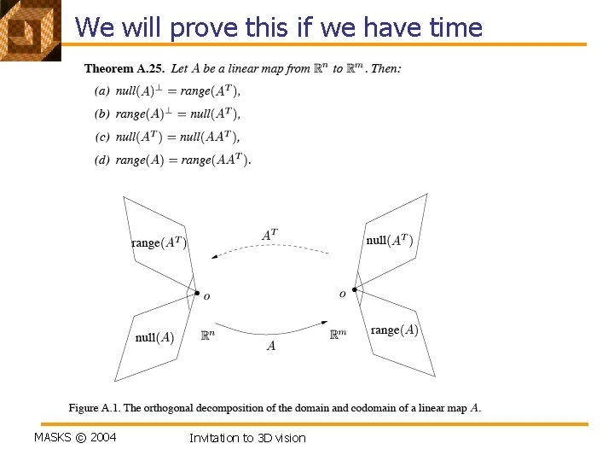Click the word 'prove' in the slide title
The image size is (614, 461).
202,28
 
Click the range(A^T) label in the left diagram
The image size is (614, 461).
159,242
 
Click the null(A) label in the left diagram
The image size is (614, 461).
154,337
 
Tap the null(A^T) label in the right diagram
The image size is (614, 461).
390,241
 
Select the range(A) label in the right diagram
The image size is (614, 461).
394,330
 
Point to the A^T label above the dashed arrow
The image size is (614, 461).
269,234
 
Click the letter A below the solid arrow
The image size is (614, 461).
271,346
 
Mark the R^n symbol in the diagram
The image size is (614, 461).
207,336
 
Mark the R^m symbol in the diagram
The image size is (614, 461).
338,336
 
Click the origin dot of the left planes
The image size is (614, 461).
197,294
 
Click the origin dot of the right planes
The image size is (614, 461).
354,289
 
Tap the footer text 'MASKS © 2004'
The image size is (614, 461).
75,438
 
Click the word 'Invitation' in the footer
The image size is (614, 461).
214,438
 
